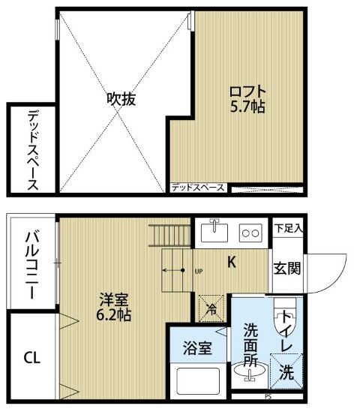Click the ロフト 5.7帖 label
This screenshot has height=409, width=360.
(247, 99)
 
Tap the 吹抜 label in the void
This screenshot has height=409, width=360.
(121, 99)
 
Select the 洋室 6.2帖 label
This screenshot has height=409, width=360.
(114, 307)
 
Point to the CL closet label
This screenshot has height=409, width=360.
(32, 358)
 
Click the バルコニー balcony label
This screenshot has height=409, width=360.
(32, 265)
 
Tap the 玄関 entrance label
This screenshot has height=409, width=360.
(287, 269)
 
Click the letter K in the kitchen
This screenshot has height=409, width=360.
(232, 262)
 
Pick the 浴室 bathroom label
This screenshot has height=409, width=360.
(197, 348)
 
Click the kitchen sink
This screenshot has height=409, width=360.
(214, 232)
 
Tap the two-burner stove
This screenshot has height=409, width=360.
(250, 233)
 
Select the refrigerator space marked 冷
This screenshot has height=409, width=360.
(211, 308)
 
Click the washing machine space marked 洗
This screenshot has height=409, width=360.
(286, 371)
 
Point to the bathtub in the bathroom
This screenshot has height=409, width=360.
(198, 381)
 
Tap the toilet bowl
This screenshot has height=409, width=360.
(285, 316)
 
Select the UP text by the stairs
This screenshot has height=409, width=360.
(199, 272)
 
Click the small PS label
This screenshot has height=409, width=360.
(268, 397)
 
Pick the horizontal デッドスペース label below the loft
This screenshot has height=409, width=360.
(198, 188)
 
